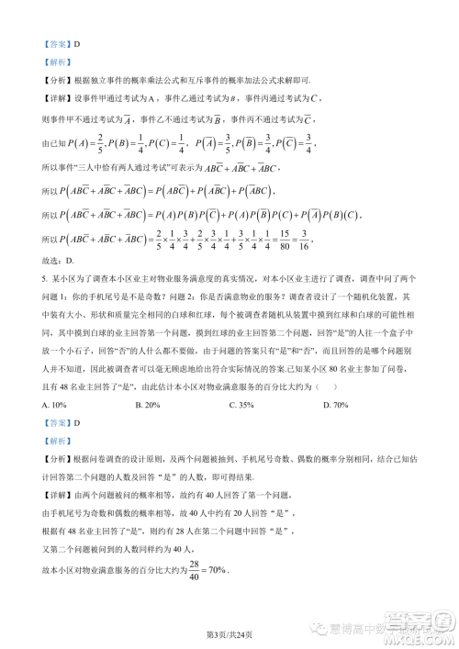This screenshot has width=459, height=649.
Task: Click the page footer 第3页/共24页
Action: pyautogui.click(x=229, y=632)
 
